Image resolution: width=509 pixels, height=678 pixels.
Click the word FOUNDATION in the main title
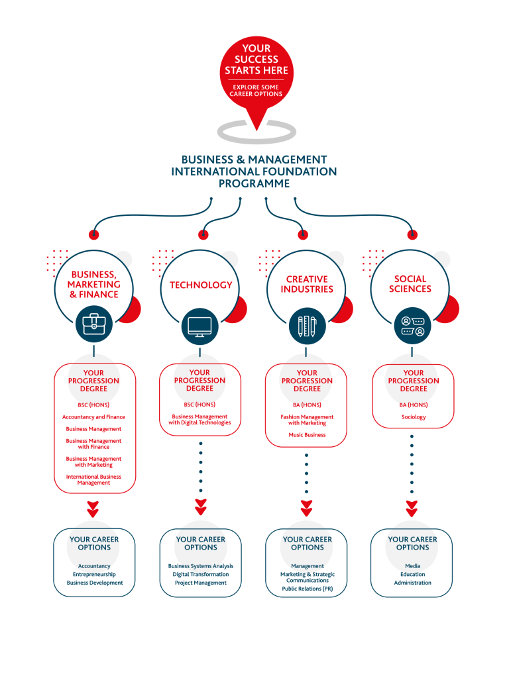(289, 171)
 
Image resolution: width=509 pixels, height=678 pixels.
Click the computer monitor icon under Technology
(200, 325)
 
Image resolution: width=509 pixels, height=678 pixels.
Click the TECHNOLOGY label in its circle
(201, 285)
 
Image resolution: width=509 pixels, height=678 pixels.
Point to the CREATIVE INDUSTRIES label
(307, 285)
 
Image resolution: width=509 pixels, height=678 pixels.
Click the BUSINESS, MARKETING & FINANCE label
(94, 285)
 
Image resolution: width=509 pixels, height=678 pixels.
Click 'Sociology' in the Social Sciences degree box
(414, 418)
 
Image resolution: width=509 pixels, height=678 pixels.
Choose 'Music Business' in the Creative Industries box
(307, 435)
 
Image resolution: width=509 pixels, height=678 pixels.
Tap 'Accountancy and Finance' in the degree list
(93, 418)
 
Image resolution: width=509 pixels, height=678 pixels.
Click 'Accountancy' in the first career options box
(94, 567)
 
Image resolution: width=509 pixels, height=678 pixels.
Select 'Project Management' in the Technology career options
(201, 583)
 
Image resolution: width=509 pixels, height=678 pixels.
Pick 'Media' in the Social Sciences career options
(413, 567)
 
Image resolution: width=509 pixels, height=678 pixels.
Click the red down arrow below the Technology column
(201, 508)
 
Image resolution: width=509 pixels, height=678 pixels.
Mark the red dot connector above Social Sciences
(412, 234)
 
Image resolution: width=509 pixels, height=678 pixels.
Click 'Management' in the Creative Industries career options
(308, 567)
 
